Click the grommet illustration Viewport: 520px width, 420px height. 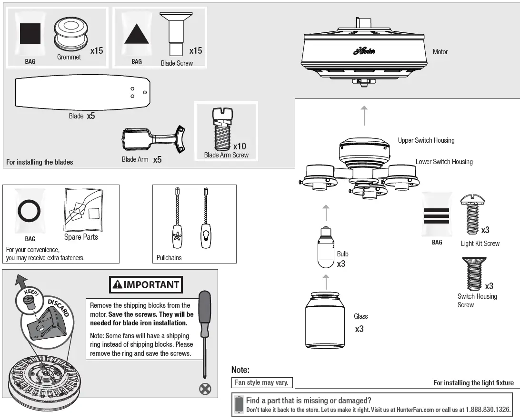[x=70, y=34]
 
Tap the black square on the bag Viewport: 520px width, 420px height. [x=30, y=33]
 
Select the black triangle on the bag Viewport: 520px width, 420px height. [x=137, y=34]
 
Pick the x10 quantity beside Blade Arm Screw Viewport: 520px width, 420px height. [x=240, y=146]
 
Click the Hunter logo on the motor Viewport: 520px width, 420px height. [x=364, y=51]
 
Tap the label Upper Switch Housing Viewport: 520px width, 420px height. [x=426, y=140]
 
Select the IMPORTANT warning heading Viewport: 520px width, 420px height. [x=146, y=285]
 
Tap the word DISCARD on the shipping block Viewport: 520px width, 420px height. [x=58, y=307]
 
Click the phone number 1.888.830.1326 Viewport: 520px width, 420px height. [x=487, y=410]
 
